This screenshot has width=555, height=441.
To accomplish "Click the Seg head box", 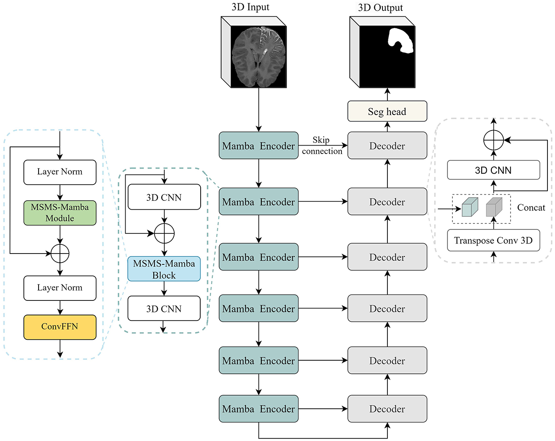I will (387, 111).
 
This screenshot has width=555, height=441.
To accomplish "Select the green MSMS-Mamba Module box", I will (60, 213).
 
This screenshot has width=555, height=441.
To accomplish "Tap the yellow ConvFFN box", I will (60, 327).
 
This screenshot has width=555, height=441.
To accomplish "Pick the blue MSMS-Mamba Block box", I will (164, 269).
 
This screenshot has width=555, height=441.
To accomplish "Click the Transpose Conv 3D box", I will (493, 241).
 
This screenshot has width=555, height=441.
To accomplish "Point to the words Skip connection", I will (322, 146).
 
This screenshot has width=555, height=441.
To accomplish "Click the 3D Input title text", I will (250, 7).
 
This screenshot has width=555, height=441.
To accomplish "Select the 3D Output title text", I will (380, 8).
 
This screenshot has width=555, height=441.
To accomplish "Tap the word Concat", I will (531, 208).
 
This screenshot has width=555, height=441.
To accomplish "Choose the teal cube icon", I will (470, 207).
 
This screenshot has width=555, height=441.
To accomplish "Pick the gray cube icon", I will (494, 207).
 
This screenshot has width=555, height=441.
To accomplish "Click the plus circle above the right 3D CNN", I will (493, 140).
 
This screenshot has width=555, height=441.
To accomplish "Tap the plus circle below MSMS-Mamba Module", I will (60, 253).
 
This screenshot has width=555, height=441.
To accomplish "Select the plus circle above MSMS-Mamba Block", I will (164, 233).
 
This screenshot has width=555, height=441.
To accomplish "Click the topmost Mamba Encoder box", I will (258, 146).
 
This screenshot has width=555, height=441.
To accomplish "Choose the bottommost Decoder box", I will (387, 409).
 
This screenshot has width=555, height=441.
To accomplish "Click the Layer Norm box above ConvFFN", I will (60, 288).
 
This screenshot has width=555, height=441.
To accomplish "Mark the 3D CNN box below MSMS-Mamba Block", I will (164, 309).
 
